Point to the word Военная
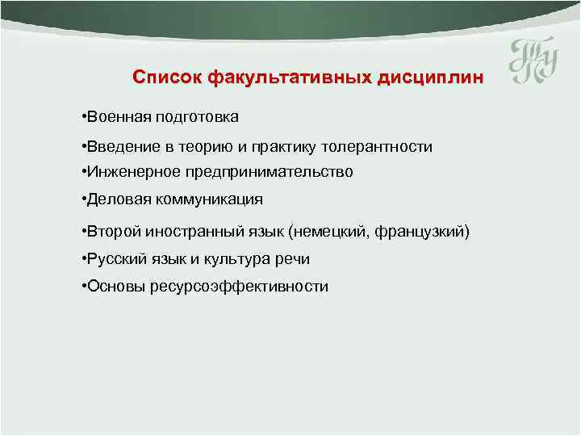point(114,117)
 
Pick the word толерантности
point(377,147)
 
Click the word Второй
point(111,233)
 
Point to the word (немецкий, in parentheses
point(325,233)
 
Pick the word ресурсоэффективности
point(239,287)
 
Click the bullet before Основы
point(84,286)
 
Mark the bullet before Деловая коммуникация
point(84,199)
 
